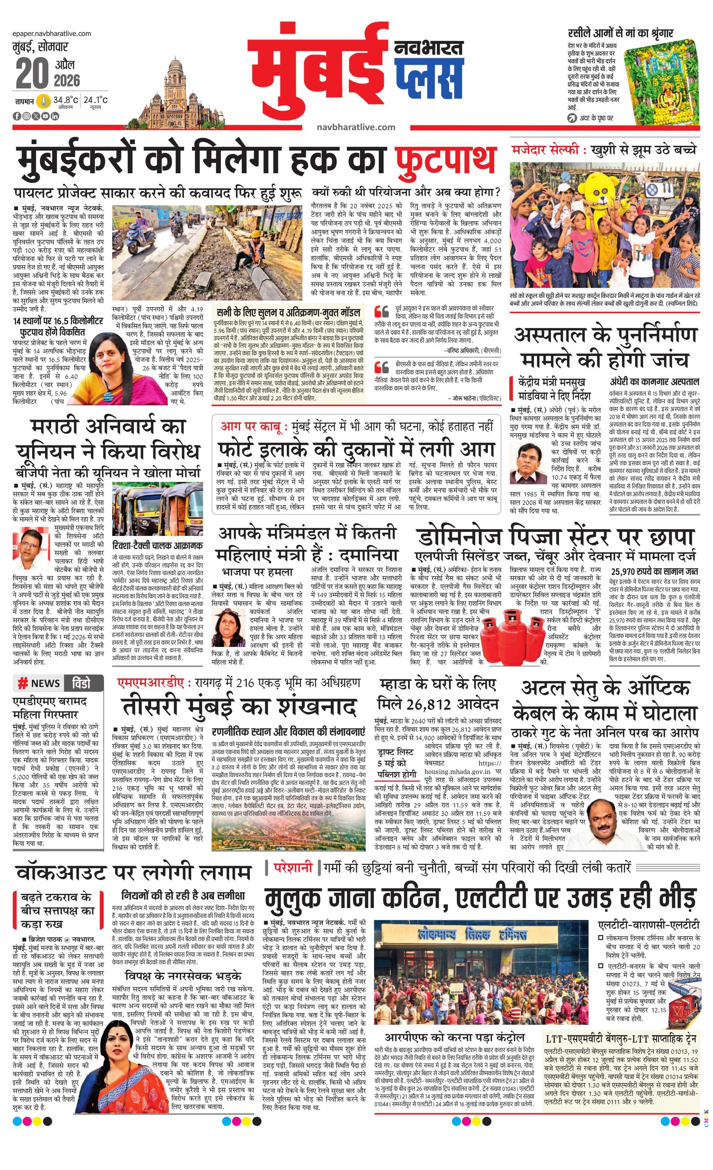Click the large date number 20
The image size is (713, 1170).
[32, 74]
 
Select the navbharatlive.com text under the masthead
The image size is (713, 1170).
[356, 127]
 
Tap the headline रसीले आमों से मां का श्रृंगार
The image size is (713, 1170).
[620, 33]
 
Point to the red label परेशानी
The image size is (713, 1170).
[293, 867]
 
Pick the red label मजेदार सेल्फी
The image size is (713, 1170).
[545, 150]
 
